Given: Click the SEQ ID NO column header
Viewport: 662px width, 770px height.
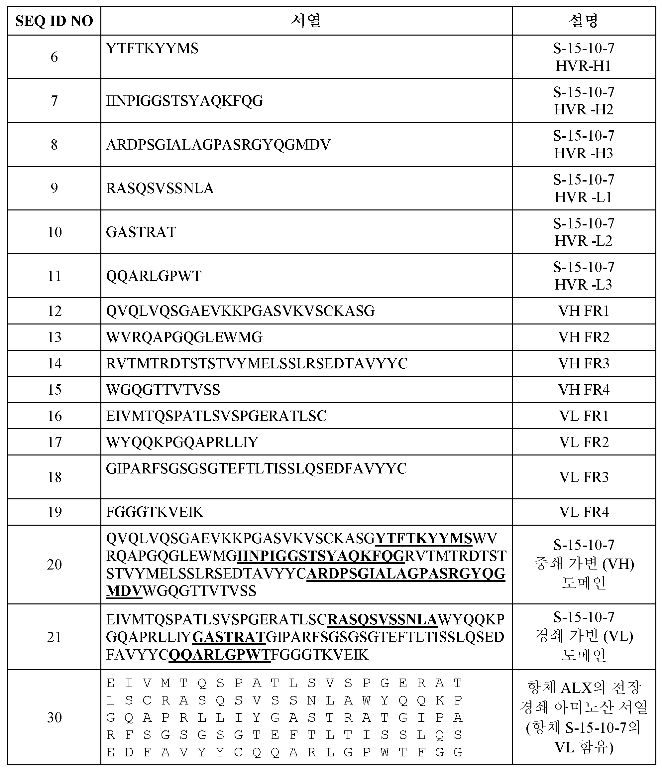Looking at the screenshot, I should click(x=54, y=21).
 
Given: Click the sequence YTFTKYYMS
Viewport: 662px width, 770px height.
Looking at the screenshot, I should click(x=152, y=49).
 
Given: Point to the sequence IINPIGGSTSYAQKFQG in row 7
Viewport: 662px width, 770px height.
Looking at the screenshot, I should click(x=185, y=101).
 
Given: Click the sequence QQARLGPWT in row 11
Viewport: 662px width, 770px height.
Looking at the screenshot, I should click(x=154, y=276).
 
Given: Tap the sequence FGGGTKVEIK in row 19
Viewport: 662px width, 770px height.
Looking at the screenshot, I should click(x=155, y=512).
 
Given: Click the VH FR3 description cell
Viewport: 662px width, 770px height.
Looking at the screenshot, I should click(x=584, y=363).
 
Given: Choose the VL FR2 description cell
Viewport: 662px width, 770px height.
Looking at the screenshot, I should click(x=584, y=442).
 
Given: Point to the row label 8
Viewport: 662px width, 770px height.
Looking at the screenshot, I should click(x=54, y=145).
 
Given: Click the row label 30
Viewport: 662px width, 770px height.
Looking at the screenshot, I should click(x=54, y=717).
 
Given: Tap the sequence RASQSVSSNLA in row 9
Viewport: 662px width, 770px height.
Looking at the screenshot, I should click(x=160, y=189).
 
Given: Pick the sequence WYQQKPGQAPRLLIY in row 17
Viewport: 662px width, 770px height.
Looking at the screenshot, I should click(x=182, y=442).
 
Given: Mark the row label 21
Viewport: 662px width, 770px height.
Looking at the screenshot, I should click(x=54, y=637).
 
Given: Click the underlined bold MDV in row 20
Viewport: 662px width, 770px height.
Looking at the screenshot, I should click(x=124, y=591).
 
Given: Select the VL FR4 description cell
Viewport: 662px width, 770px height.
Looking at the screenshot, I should click(x=584, y=512).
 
